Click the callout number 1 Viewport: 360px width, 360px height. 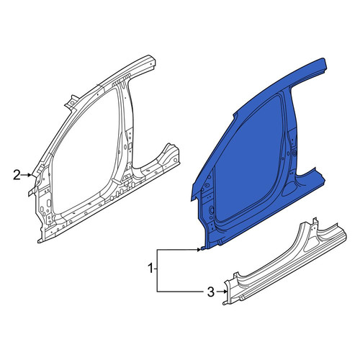[x=150, y=269]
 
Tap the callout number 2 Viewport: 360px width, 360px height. [x=17, y=175]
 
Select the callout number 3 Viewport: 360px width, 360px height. [x=210, y=292]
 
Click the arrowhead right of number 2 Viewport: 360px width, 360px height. [x=30, y=175]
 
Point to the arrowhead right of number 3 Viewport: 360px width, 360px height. [x=225, y=292]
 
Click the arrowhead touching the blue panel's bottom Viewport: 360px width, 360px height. [x=199, y=250]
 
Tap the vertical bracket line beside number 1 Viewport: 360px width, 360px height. [x=157, y=271]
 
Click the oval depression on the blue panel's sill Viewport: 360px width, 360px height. [x=289, y=189]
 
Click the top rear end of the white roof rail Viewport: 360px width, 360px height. [x=152, y=61]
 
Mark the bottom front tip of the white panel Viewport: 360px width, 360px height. [x=39, y=241]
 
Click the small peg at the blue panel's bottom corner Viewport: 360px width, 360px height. [x=202, y=248]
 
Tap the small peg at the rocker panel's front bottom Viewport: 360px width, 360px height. [x=225, y=303]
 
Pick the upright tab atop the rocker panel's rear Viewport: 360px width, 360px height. [x=315, y=222]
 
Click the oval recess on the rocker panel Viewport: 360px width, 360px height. [x=312, y=246]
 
